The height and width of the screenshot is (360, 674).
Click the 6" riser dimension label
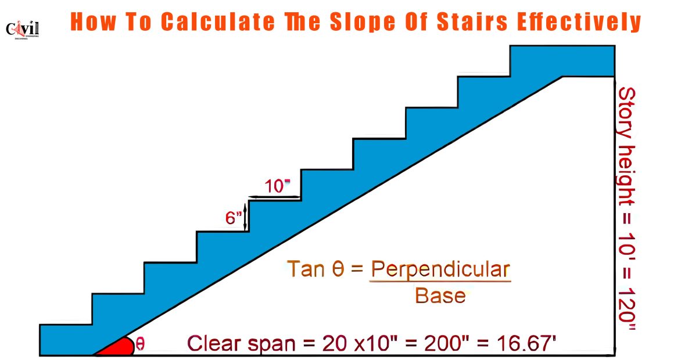pos(232,218)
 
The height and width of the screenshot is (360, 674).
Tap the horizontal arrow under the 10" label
pos(274,197)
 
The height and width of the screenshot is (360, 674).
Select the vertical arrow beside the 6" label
pos(245,217)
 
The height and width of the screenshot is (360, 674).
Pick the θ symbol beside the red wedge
pos(140,344)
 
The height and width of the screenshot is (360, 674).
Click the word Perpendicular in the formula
pos(440,270)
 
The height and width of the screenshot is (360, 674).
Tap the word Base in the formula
pos(440,296)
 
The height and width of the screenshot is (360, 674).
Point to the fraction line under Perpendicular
pos(440,282)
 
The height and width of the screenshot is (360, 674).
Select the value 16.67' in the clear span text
pos(526,344)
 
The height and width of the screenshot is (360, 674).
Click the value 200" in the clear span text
pos(445,344)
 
